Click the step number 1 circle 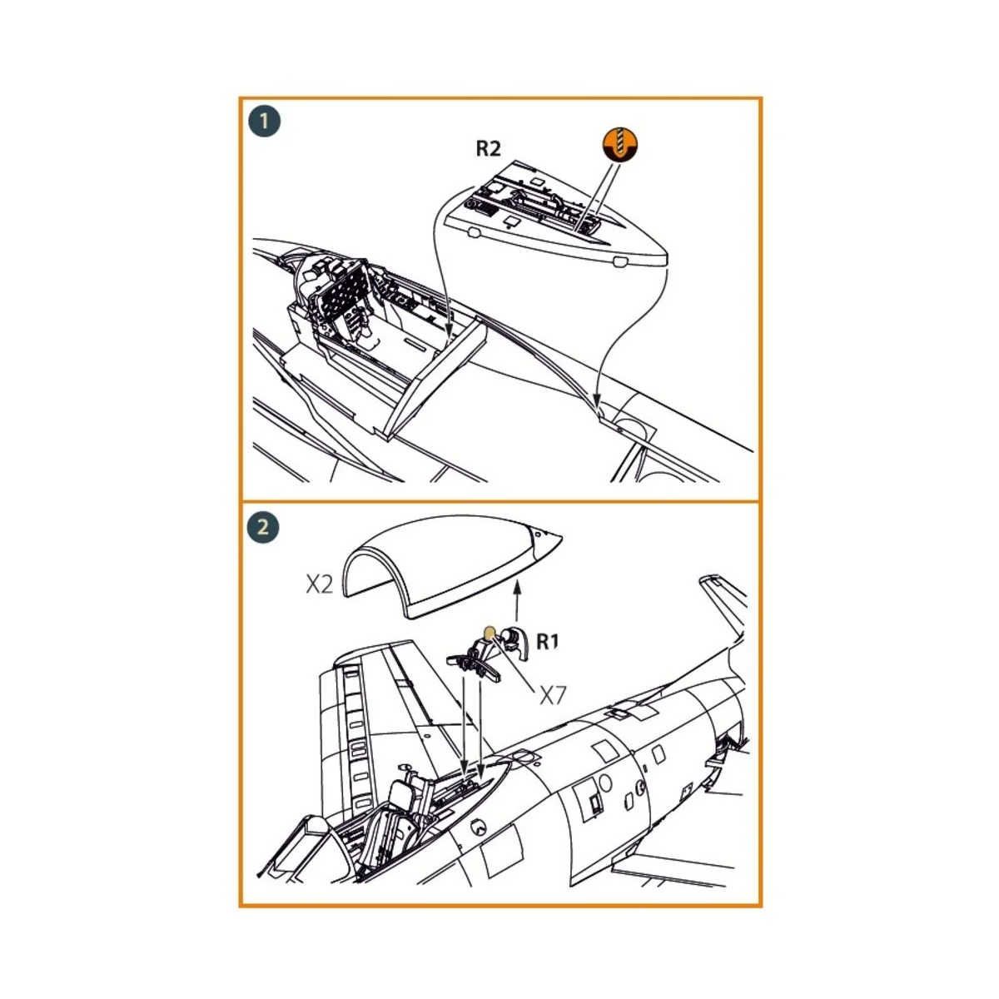point(265,122)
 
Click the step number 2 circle point(263,527)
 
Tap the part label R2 point(489,149)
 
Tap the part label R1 point(548,642)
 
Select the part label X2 point(319,584)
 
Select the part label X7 point(553,696)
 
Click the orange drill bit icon point(620,143)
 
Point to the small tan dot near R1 point(489,632)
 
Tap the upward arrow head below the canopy point(516,587)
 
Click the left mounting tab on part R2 point(474,232)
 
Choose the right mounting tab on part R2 point(620,261)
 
